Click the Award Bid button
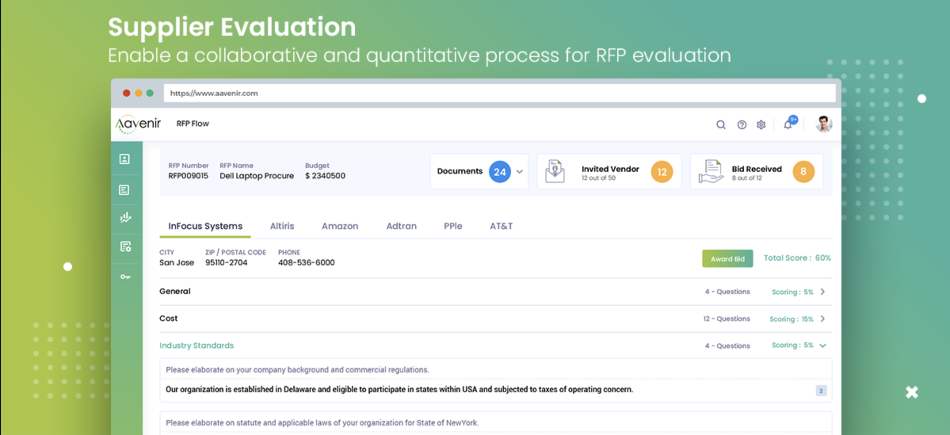727,259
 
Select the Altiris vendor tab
282,226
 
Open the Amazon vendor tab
340,226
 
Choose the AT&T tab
501,226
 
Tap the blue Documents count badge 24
500,172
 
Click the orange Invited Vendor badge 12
662,172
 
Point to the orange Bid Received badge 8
803,172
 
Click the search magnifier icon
721,125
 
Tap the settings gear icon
761,125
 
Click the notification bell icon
788,125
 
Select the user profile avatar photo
824,124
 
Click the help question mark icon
742,125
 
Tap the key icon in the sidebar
125,277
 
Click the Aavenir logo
138,124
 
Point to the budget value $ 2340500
325,176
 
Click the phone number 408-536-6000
306,262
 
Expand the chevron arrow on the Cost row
823,319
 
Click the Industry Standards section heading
196,345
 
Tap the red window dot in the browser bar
126,93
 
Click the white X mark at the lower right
912,392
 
